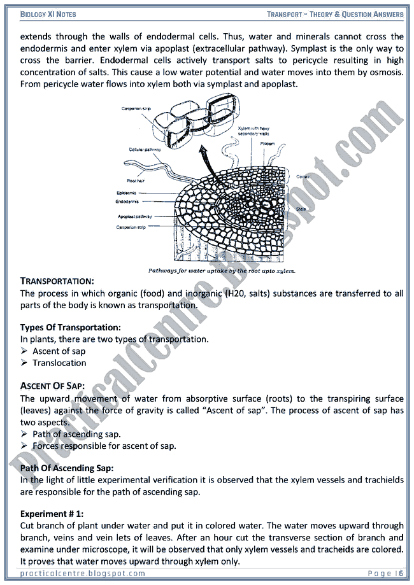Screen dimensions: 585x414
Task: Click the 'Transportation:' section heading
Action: [x=57, y=281]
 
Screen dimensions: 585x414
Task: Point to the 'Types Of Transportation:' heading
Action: [x=70, y=327]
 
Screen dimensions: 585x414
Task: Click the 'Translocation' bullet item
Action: [x=59, y=363]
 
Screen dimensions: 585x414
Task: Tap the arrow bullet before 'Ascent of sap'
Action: [x=24, y=351]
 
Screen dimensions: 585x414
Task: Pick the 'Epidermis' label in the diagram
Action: [x=127, y=193]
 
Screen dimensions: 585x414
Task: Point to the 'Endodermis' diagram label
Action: [x=129, y=202]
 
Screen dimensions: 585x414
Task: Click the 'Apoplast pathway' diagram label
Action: [x=134, y=216]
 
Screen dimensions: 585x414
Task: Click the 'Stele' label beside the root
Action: [x=301, y=209]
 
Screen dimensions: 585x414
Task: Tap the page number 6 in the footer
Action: [x=401, y=574]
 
